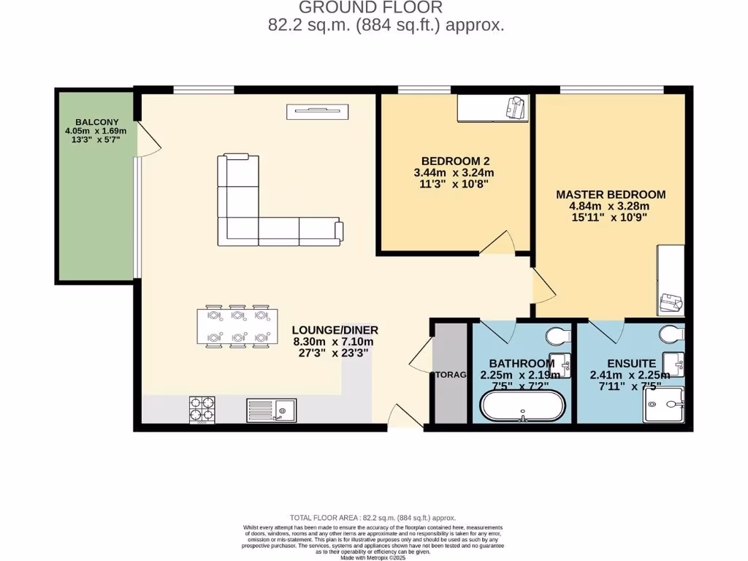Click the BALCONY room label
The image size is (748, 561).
pos(96,122)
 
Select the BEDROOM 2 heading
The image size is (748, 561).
pos(454,161)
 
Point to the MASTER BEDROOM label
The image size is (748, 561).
pos(611,194)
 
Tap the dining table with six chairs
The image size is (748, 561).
pos(237,327)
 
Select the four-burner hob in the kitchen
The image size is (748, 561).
pos(202,409)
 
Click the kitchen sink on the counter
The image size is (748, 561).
pos(271,410)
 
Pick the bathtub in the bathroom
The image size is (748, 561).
pos(522,405)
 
